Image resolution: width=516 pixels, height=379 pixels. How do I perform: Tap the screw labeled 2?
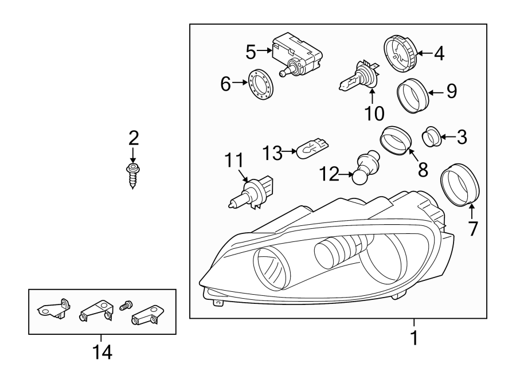[132, 175]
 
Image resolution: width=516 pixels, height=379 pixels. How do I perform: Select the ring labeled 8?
[396, 141]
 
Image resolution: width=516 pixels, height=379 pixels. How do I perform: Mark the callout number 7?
[472, 229]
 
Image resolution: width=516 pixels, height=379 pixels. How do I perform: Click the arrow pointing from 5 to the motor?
[264, 52]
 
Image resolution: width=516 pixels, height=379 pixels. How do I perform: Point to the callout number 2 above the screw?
[133, 138]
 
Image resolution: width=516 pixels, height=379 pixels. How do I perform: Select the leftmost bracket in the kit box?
[54, 309]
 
